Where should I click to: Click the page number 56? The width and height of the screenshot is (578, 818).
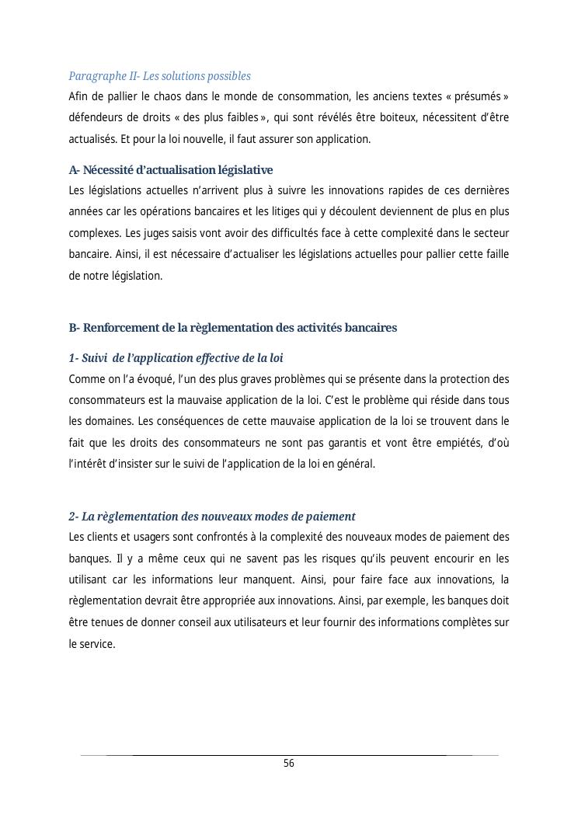pyautogui.click(x=289, y=764)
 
